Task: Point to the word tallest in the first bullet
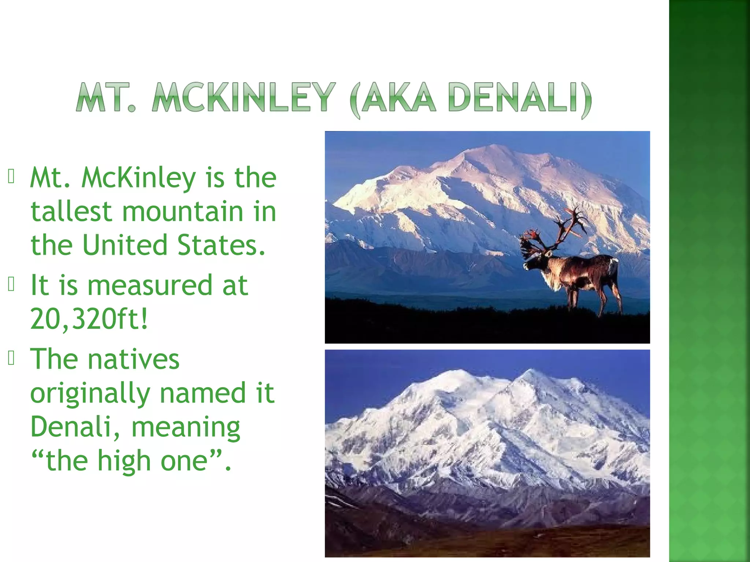(x=71, y=212)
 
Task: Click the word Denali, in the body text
(x=75, y=427)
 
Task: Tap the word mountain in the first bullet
(x=182, y=212)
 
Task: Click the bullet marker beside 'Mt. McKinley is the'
(x=11, y=176)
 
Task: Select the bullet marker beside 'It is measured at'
(x=11, y=284)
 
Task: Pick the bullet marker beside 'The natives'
(x=11, y=358)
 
